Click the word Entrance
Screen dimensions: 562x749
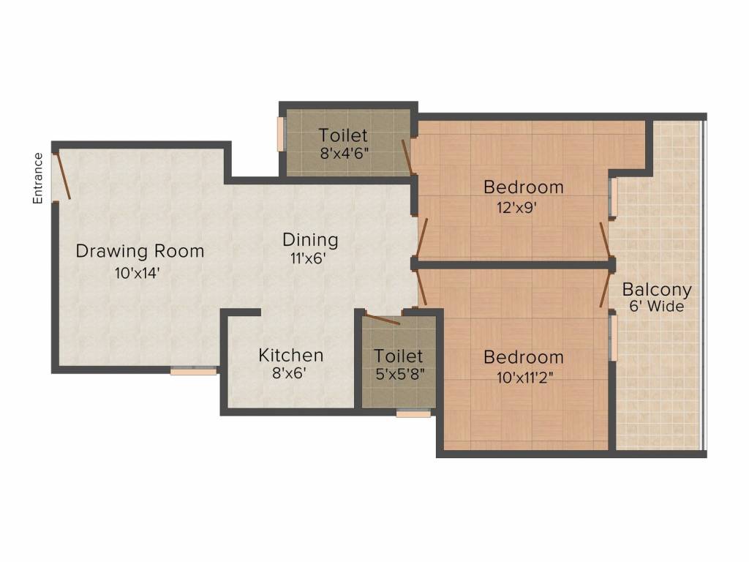(38, 178)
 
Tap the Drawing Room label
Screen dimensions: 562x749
(140, 252)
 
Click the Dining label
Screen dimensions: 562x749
(310, 240)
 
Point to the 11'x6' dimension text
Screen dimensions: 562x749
(308, 258)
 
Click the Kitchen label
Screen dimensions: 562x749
(290, 356)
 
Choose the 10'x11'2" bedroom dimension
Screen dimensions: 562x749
(523, 377)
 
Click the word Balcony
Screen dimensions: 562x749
(657, 290)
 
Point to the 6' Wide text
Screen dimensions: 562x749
(656, 307)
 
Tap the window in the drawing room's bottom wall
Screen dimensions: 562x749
(194, 371)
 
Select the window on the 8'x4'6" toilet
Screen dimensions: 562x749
(280, 133)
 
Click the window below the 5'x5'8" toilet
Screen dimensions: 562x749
(413, 413)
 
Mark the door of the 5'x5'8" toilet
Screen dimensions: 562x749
(381, 318)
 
